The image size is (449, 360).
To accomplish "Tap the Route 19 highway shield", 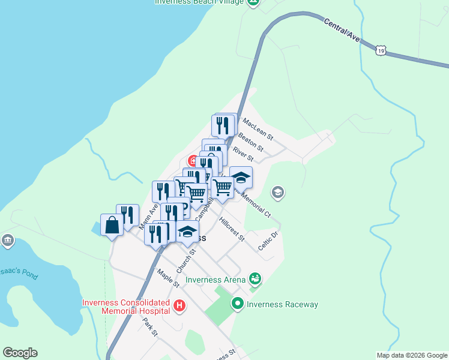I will tap(381, 51).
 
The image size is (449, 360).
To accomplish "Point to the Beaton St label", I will tap(251, 142).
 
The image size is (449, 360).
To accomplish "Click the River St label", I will tap(244, 154).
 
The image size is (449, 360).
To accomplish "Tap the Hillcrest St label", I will tap(232, 229).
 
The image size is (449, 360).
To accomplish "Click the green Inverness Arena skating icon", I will tap(255, 278).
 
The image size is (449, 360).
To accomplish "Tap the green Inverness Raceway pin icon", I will tap(237, 304).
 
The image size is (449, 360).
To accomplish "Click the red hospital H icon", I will tap(179, 307).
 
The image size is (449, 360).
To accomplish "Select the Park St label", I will tap(150, 326).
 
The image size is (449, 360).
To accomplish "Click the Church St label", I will tap(186, 262).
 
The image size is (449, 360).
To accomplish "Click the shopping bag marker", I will tap(112, 225).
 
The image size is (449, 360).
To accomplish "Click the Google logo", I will tap(20, 353).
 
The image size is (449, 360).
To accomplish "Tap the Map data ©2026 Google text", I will tap(411, 355).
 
